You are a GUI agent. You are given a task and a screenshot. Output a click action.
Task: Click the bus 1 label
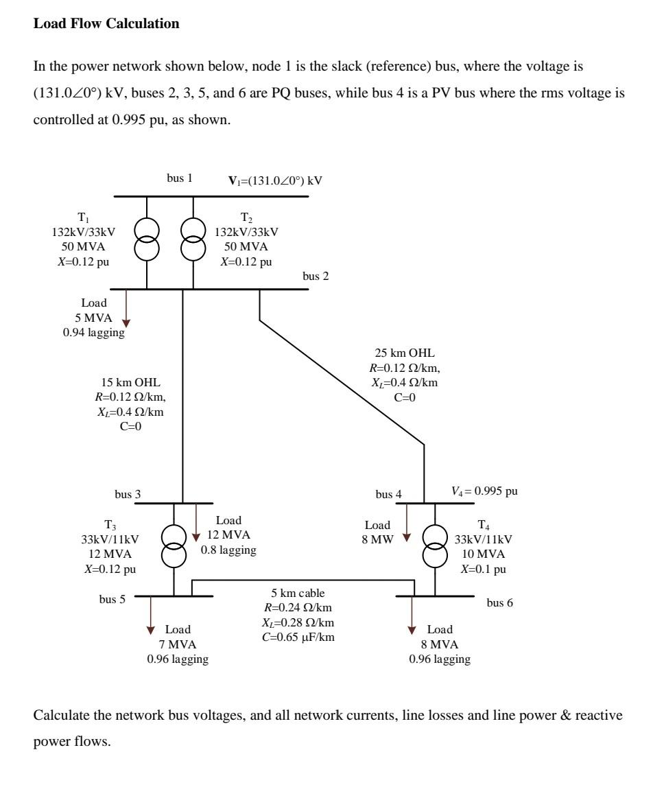pos(180,178)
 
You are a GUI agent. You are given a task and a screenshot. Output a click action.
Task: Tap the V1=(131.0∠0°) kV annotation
pos(275,181)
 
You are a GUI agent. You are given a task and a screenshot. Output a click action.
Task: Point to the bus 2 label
pos(316,276)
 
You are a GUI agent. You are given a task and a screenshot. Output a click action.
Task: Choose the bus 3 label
pos(128,494)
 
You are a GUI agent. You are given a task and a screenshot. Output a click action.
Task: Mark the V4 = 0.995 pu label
pos(488,491)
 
